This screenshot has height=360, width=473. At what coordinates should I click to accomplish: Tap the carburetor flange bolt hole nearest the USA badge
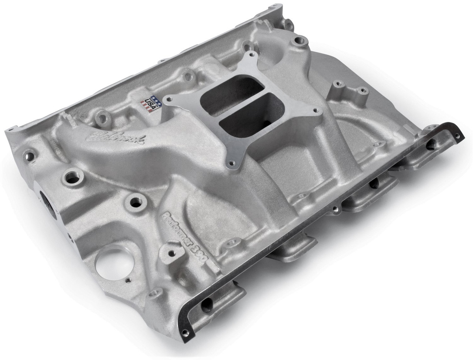click(170, 99)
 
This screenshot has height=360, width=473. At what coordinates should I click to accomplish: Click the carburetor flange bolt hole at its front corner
click(232, 161)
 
